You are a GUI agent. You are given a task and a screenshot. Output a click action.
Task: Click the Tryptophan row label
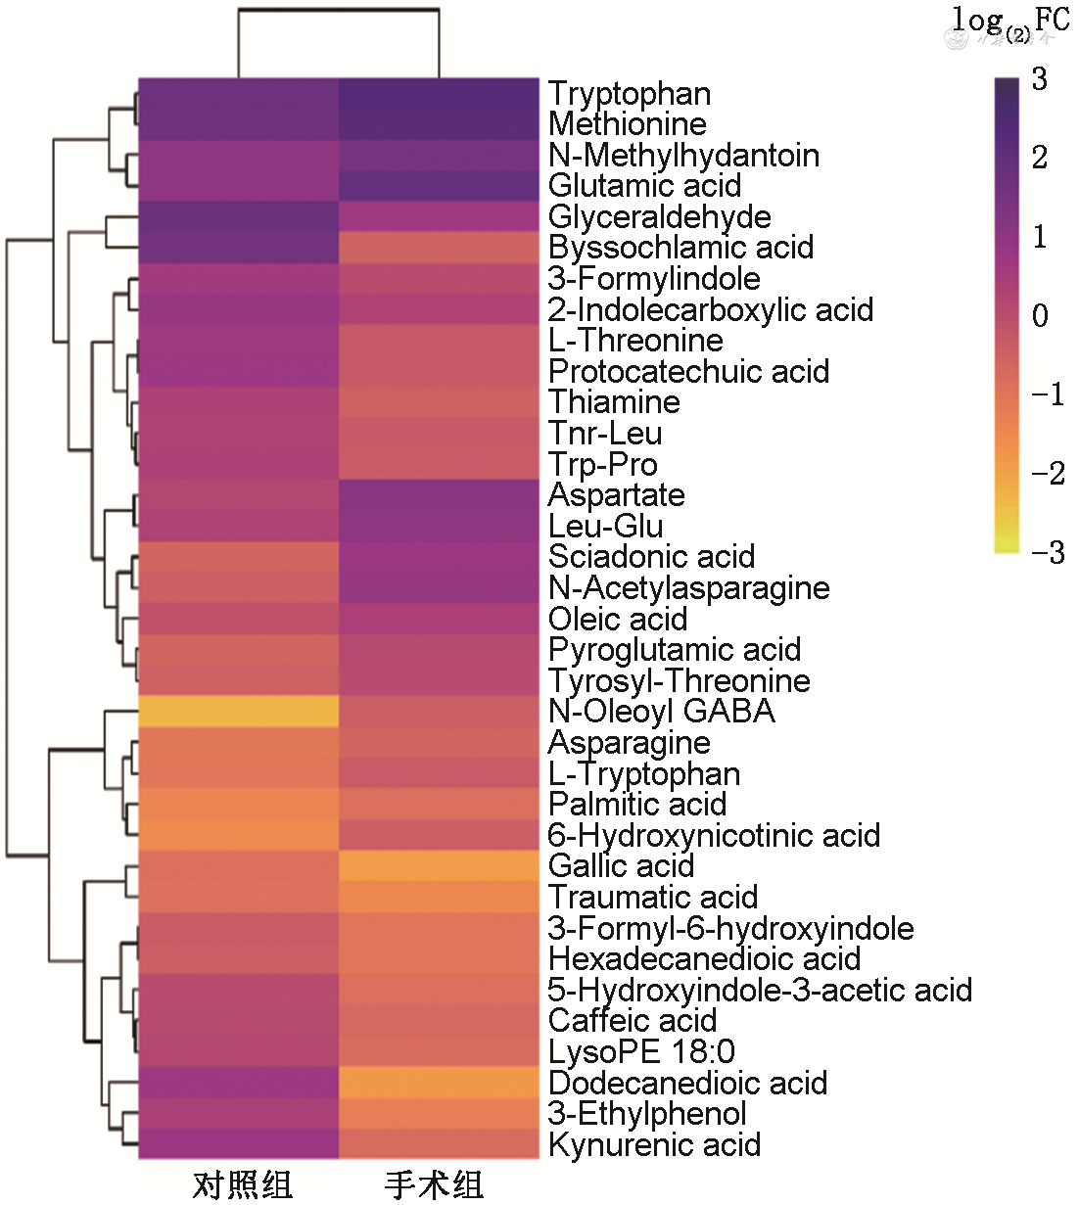[x=629, y=94]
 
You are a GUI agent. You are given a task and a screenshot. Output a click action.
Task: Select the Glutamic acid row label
[x=644, y=186]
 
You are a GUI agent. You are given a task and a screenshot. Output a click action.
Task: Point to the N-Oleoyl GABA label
[x=661, y=712]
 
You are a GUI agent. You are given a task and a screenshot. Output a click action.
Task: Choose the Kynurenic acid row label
[x=654, y=1144]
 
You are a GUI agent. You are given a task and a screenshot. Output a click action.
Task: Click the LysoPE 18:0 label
[x=641, y=1052]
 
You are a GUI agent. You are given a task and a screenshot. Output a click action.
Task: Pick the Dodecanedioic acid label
[x=687, y=1083]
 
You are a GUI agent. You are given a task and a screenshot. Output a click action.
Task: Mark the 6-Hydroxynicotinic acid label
[x=714, y=836]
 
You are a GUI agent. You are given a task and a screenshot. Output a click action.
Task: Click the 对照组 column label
[x=242, y=1184]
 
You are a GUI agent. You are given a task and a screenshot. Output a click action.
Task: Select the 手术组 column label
[x=434, y=1184]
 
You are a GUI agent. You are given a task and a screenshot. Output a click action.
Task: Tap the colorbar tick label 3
[x=1039, y=79]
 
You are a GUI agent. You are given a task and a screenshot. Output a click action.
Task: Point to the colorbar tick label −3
[x=1048, y=553]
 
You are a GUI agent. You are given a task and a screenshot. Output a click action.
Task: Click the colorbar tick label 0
[x=1040, y=316]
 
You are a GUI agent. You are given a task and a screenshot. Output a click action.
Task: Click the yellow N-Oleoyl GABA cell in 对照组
[x=238, y=712]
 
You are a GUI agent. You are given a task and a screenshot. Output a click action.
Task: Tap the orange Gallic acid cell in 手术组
[x=439, y=866]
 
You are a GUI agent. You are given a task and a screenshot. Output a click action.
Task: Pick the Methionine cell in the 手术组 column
[x=439, y=124]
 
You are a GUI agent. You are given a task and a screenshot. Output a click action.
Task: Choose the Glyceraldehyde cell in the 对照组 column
[x=238, y=216]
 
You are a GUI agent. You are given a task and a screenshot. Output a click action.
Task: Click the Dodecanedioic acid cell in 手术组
[x=439, y=1083]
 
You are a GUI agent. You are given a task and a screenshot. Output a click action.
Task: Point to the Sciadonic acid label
[x=651, y=557]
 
